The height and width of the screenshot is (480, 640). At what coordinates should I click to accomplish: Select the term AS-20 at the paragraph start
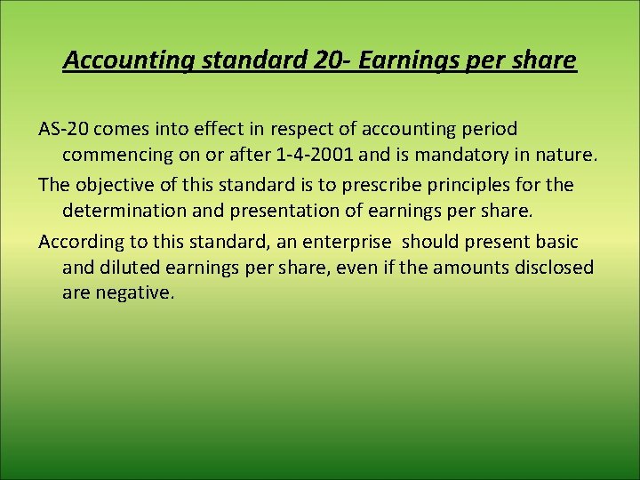[63, 129]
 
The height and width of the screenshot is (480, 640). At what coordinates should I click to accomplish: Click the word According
[79, 241]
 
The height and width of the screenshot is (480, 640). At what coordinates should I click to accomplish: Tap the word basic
[555, 241]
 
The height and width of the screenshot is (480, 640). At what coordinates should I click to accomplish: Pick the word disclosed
[553, 267]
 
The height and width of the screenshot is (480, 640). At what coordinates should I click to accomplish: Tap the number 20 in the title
[326, 60]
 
